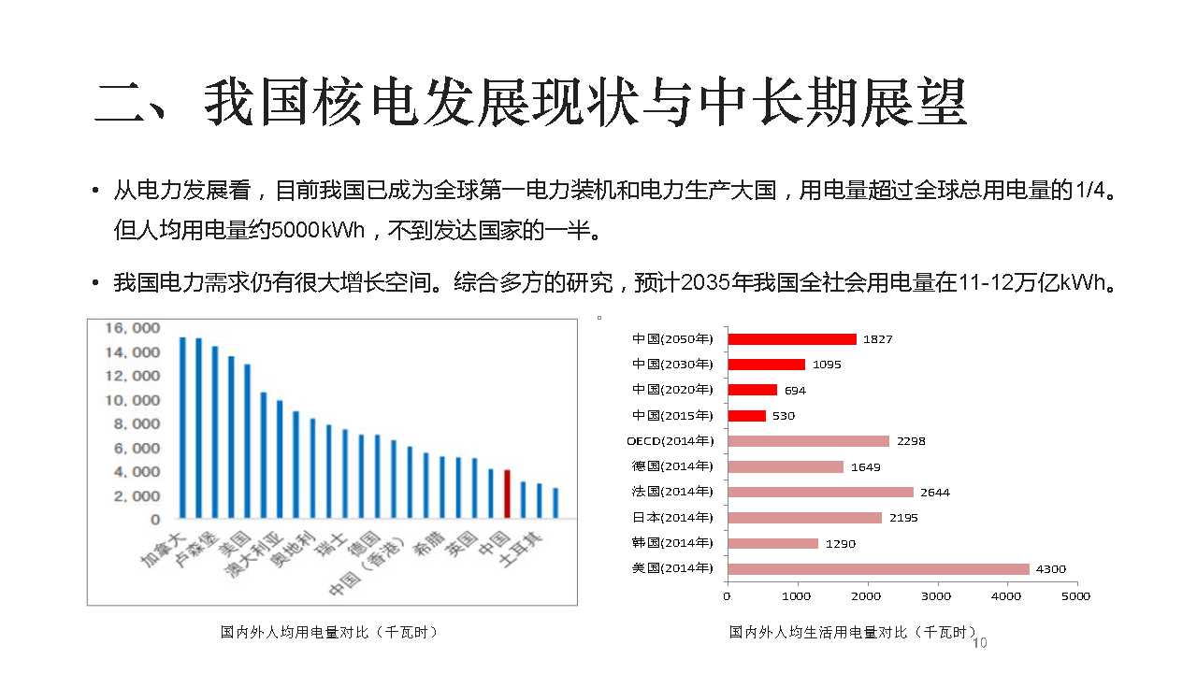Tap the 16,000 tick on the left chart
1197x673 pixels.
[x=132, y=328]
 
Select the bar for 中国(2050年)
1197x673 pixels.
[x=791, y=339]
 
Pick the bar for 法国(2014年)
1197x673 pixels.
[x=820, y=492]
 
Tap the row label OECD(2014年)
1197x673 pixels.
[x=670, y=441]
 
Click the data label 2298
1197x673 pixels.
[x=910, y=441]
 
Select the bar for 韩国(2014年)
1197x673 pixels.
[x=772, y=543]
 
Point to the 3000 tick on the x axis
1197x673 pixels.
[x=936, y=595]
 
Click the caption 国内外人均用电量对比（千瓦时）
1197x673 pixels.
[x=329, y=633]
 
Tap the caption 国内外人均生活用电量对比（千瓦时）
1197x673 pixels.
[x=852, y=633]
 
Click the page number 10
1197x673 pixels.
[x=980, y=643]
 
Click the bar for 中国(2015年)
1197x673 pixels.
[x=746, y=416]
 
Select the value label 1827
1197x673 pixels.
[x=877, y=339]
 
